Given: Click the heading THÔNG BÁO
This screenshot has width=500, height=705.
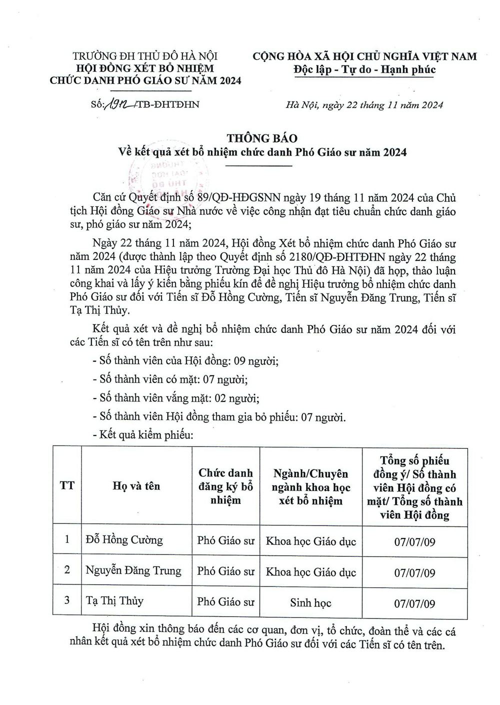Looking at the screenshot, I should [x=262, y=138].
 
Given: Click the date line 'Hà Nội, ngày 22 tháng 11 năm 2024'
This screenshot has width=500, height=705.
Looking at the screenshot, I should [x=364, y=105].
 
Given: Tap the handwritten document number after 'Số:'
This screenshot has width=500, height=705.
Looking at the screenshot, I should [x=120, y=104].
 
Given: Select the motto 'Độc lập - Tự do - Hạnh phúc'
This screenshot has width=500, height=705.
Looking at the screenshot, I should [x=364, y=69].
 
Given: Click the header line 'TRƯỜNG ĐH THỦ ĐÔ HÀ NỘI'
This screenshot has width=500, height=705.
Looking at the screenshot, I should [x=145, y=56].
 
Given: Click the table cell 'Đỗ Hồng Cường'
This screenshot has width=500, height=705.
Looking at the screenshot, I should [x=124, y=540].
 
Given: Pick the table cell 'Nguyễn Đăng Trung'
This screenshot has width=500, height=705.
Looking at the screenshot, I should [x=133, y=570].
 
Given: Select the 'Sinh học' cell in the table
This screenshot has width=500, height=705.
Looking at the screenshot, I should [x=310, y=602].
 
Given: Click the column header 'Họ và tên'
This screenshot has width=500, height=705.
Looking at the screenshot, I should [x=136, y=486].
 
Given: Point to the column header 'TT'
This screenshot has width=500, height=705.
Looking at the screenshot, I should [x=67, y=485].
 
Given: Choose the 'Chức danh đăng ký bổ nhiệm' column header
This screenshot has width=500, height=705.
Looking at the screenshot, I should [x=225, y=486].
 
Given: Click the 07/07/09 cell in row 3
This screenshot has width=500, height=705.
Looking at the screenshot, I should [x=414, y=603].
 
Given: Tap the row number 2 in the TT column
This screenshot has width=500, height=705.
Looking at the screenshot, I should [x=67, y=570].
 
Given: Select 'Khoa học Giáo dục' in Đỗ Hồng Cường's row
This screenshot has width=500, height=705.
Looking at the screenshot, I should [x=310, y=541].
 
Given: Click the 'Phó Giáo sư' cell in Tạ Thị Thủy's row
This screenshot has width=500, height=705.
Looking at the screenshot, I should [x=225, y=601].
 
